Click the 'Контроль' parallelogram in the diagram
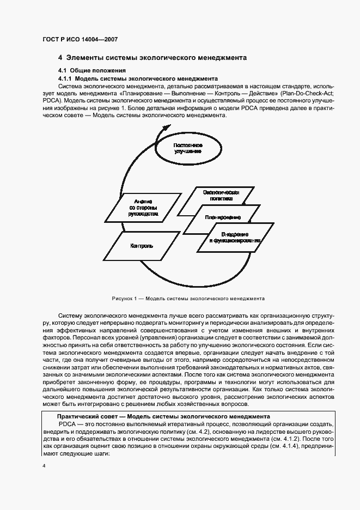pyautogui.click(x=141, y=246)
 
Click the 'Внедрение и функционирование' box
pyautogui.click(x=234, y=237)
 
